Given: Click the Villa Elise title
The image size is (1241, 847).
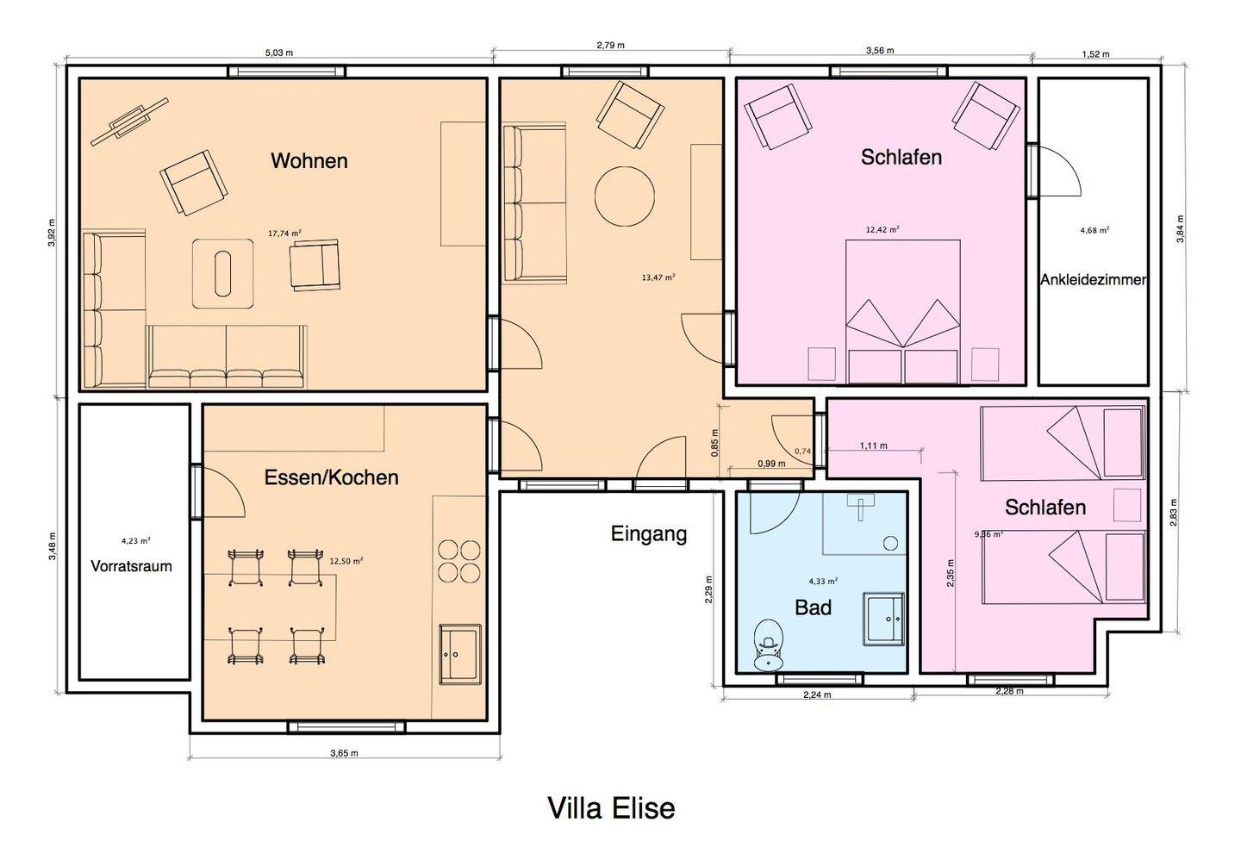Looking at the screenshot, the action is (612, 807).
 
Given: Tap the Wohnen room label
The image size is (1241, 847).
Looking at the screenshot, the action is (309, 160).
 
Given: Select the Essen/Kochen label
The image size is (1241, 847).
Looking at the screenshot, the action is (331, 477).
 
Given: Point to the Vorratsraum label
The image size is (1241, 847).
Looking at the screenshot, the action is (131, 566).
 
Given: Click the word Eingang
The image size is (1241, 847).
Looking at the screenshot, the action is (649, 534).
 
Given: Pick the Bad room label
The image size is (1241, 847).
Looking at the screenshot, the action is (814, 607).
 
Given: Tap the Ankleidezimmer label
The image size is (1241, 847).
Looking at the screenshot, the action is (1093, 280).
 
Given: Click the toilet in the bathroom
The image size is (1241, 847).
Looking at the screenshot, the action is (768, 645).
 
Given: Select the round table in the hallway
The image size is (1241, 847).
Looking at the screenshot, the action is (624, 196).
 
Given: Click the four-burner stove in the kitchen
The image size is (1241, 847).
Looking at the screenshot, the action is (459, 562).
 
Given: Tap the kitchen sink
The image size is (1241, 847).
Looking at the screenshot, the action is (460, 654).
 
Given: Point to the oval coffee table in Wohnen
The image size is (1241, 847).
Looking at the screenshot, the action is (222, 274).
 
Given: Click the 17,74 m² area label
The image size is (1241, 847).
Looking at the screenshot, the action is (284, 234).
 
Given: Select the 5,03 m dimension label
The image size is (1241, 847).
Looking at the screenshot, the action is (279, 53).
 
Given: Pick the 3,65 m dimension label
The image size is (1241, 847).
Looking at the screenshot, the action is (344, 753).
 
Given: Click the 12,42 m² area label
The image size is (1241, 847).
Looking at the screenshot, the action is (882, 229).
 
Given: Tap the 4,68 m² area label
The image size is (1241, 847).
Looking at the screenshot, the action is (1094, 230).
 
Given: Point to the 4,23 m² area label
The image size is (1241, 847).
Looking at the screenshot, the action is (136, 540).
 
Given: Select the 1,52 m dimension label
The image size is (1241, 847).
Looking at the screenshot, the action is (1096, 54).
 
